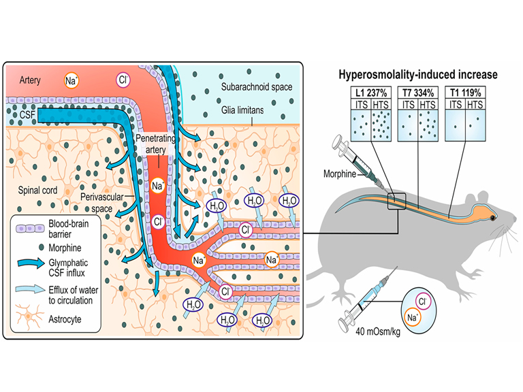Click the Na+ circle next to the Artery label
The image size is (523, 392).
pos(71,80)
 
